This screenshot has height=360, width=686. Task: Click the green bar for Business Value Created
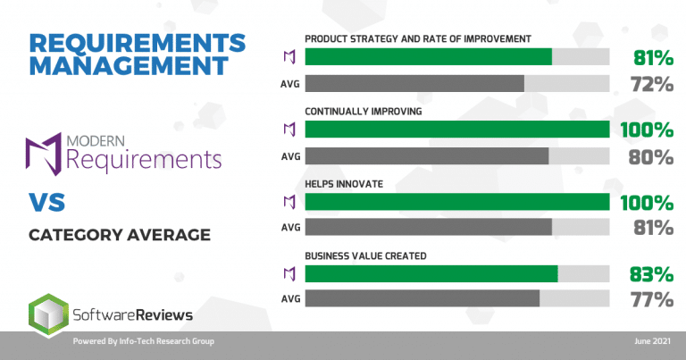pyautogui.click(x=431, y=273)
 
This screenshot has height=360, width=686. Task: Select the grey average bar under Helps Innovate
pyautogui.click(x=429, y=227)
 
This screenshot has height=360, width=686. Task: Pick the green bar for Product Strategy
pyautogui.click(x=429, y=57)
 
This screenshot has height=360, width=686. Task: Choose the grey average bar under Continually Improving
pyautogui.click(x=427, y=155)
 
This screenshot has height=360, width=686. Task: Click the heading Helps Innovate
pyautogui.click(x=344, y=184)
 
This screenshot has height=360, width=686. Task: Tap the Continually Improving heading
pyautogui.click(x=363, y=113)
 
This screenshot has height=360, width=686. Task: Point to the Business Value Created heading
pyautogui.click(x=365, y=255)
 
